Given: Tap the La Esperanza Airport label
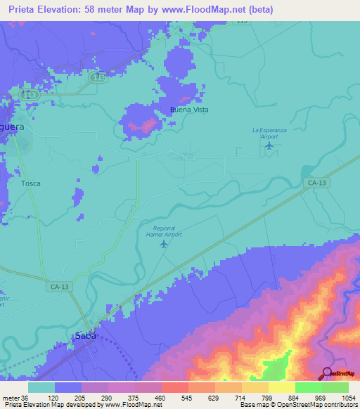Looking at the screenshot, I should pos(270,133).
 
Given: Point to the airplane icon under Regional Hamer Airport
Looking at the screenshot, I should pos(165,244).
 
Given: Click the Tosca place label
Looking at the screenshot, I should pos(30,183).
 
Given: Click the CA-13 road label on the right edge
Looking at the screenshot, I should pos(316,183).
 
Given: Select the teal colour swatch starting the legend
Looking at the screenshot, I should pos(41,387).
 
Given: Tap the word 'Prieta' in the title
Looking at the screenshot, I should pos(25,10).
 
